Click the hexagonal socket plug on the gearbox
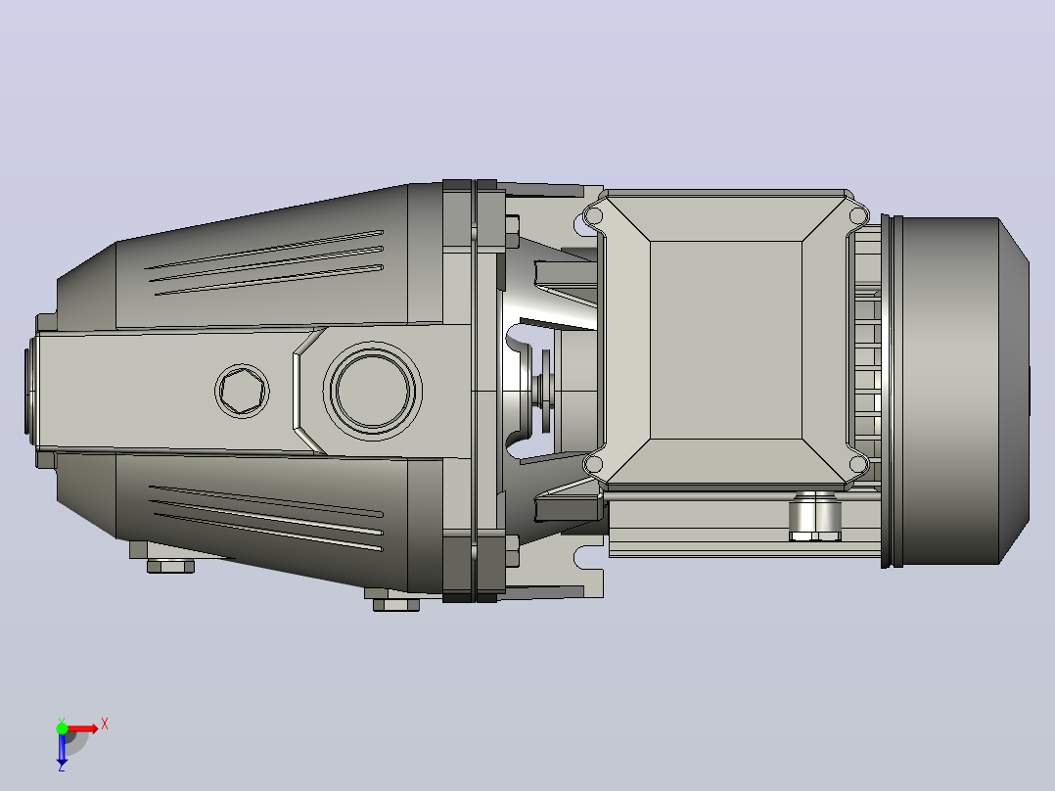(243, 391)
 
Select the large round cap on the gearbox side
(373, 392)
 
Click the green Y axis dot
(62, 728)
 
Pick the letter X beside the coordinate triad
(105, 724)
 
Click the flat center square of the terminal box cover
(726, 340)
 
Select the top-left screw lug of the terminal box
(593, 216)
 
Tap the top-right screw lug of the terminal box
(858, 216)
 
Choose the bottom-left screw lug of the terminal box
(593, 464)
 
